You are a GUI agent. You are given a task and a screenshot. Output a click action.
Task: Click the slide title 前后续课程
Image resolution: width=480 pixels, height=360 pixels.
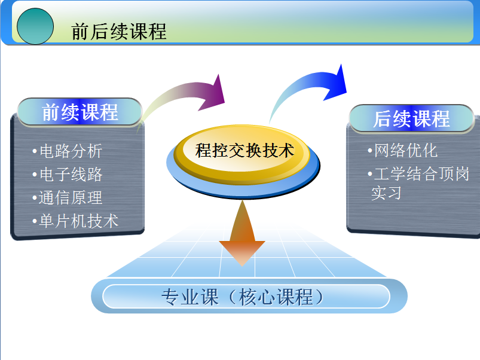(118, 31)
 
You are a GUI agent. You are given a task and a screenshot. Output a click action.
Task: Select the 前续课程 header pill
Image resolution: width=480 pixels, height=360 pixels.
(80, 112)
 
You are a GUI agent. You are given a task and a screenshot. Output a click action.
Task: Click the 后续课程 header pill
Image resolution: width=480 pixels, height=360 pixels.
(411, 118)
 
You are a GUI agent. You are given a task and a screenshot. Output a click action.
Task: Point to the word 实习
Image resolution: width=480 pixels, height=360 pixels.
(386, 193)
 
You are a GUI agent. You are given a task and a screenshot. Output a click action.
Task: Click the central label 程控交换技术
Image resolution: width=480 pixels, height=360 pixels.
(245, 150)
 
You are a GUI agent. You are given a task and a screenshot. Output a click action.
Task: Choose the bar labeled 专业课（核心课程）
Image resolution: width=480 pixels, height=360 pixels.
(246, 297)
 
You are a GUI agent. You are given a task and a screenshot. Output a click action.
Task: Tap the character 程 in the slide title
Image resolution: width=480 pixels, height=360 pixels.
(157, 31)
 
